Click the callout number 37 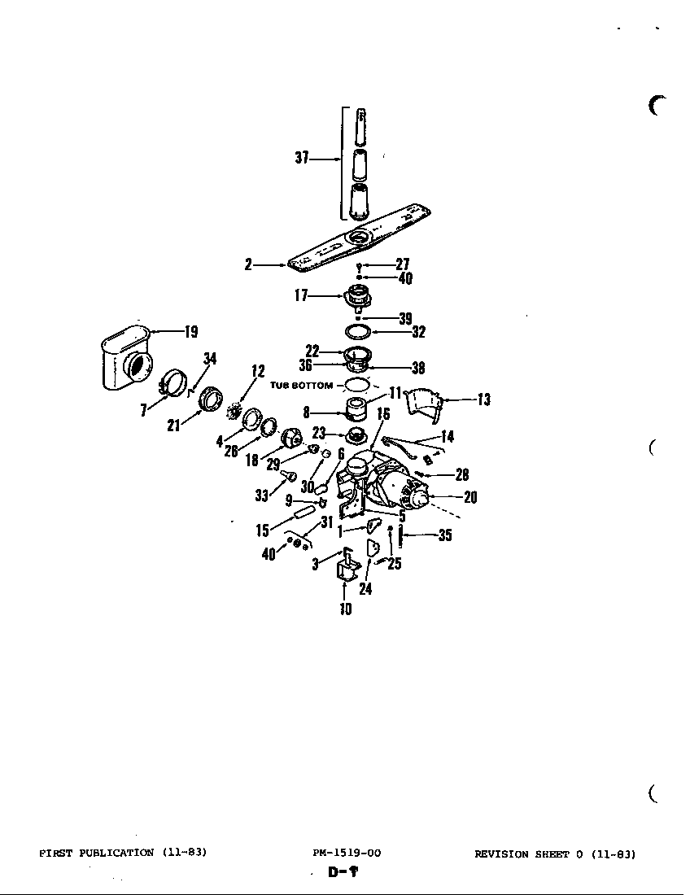(301, 159)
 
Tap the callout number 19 (191, 331)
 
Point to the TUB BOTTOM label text (301, 386)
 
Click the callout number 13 (484, 399)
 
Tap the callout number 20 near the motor (469, 498)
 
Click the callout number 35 (445, 535)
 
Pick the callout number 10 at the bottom (346, 609)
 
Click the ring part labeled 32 (358, 331)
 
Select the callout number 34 (210, 359)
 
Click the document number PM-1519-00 (347, 854)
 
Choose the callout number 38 (418, 368)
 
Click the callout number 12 (259, 372)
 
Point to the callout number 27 (402, 264)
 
